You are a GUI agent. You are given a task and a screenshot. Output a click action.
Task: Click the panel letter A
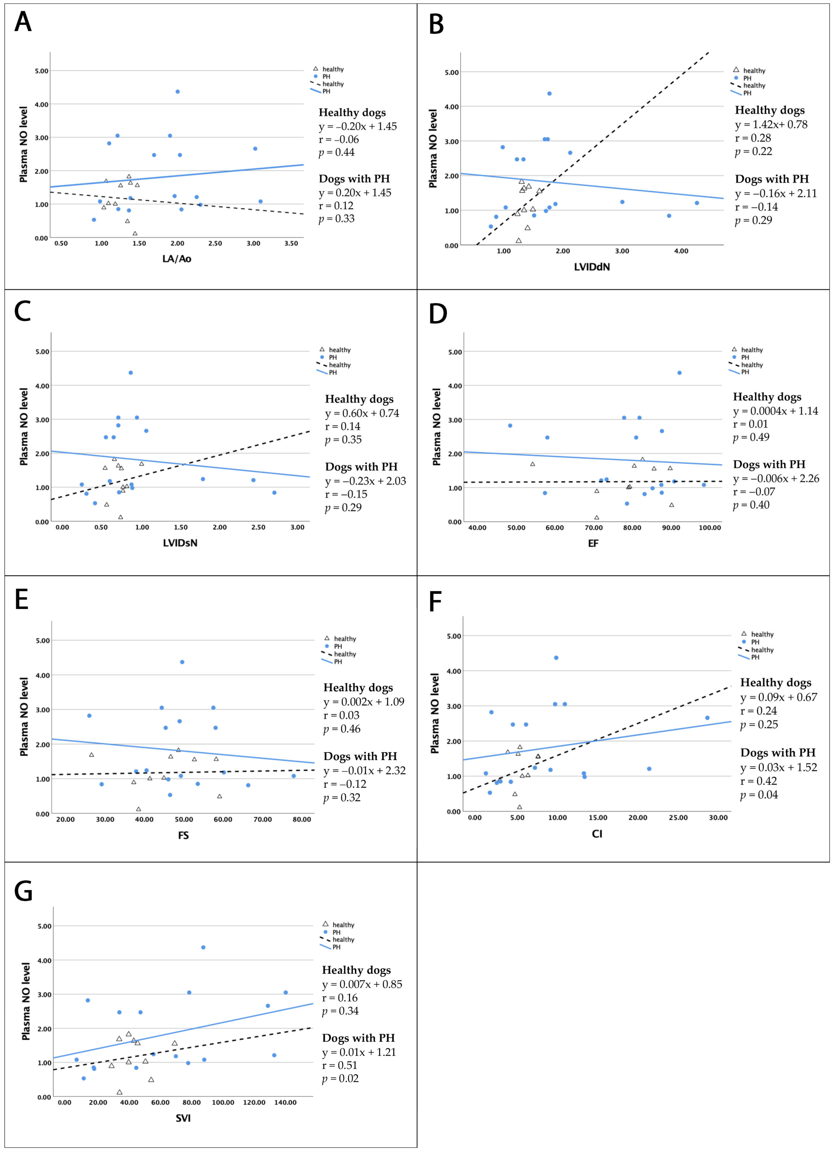(23, 22)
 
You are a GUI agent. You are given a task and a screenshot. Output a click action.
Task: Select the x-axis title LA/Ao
(176, 259)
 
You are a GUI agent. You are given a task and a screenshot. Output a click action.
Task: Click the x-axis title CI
(597, 834)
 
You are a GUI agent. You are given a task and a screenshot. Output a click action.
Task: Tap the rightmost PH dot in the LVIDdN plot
(697, 203)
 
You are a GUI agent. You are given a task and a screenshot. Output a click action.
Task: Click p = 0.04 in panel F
(759, 795)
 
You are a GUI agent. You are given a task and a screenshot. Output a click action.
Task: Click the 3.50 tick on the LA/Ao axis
(291, 244)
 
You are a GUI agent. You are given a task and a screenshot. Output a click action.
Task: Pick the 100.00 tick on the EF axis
(709, 528)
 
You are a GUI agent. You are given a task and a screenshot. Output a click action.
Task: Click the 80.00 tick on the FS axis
(302, 820)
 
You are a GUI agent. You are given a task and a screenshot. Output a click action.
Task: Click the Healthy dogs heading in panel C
(359, 399)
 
